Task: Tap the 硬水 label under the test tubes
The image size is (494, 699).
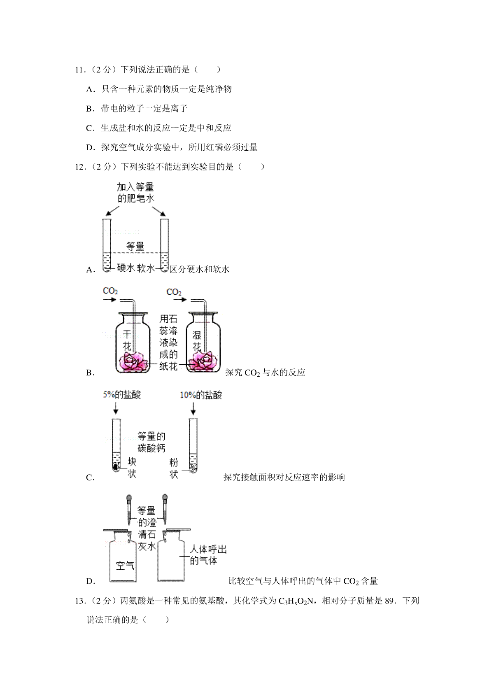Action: point(126,268)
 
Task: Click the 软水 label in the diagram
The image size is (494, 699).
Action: point(145,268)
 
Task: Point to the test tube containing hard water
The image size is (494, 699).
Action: point(107,245)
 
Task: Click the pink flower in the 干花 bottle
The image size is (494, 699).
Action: point(133,361)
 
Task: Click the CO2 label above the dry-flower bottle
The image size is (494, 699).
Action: point(110,291)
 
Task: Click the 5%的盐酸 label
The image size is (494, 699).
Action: point(122,395)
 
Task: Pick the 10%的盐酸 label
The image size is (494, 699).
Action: point(201,396)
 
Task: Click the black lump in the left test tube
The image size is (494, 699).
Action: point(115,466)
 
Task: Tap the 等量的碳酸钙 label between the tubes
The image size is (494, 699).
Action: point(151,442)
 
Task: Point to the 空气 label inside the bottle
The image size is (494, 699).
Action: point(125,566)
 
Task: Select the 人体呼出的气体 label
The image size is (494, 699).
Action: point(208,555)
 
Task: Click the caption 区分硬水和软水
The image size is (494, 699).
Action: point(199,269)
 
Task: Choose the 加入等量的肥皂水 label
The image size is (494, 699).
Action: point(135,193)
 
